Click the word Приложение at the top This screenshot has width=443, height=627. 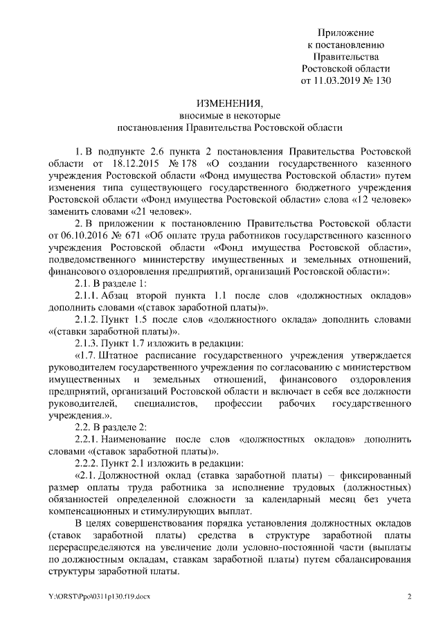coord(345,33)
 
